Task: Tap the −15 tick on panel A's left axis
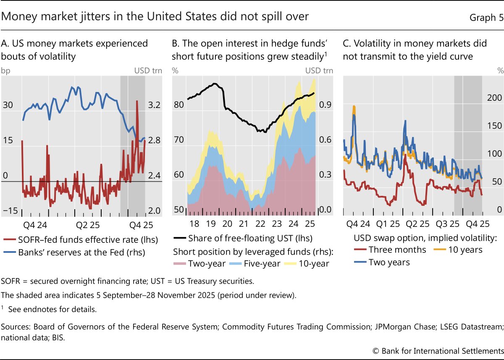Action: pos(10,210)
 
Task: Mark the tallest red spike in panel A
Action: pos(137,101)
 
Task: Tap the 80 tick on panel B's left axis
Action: pos(178,105)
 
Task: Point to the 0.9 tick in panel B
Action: pos(326,105)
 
